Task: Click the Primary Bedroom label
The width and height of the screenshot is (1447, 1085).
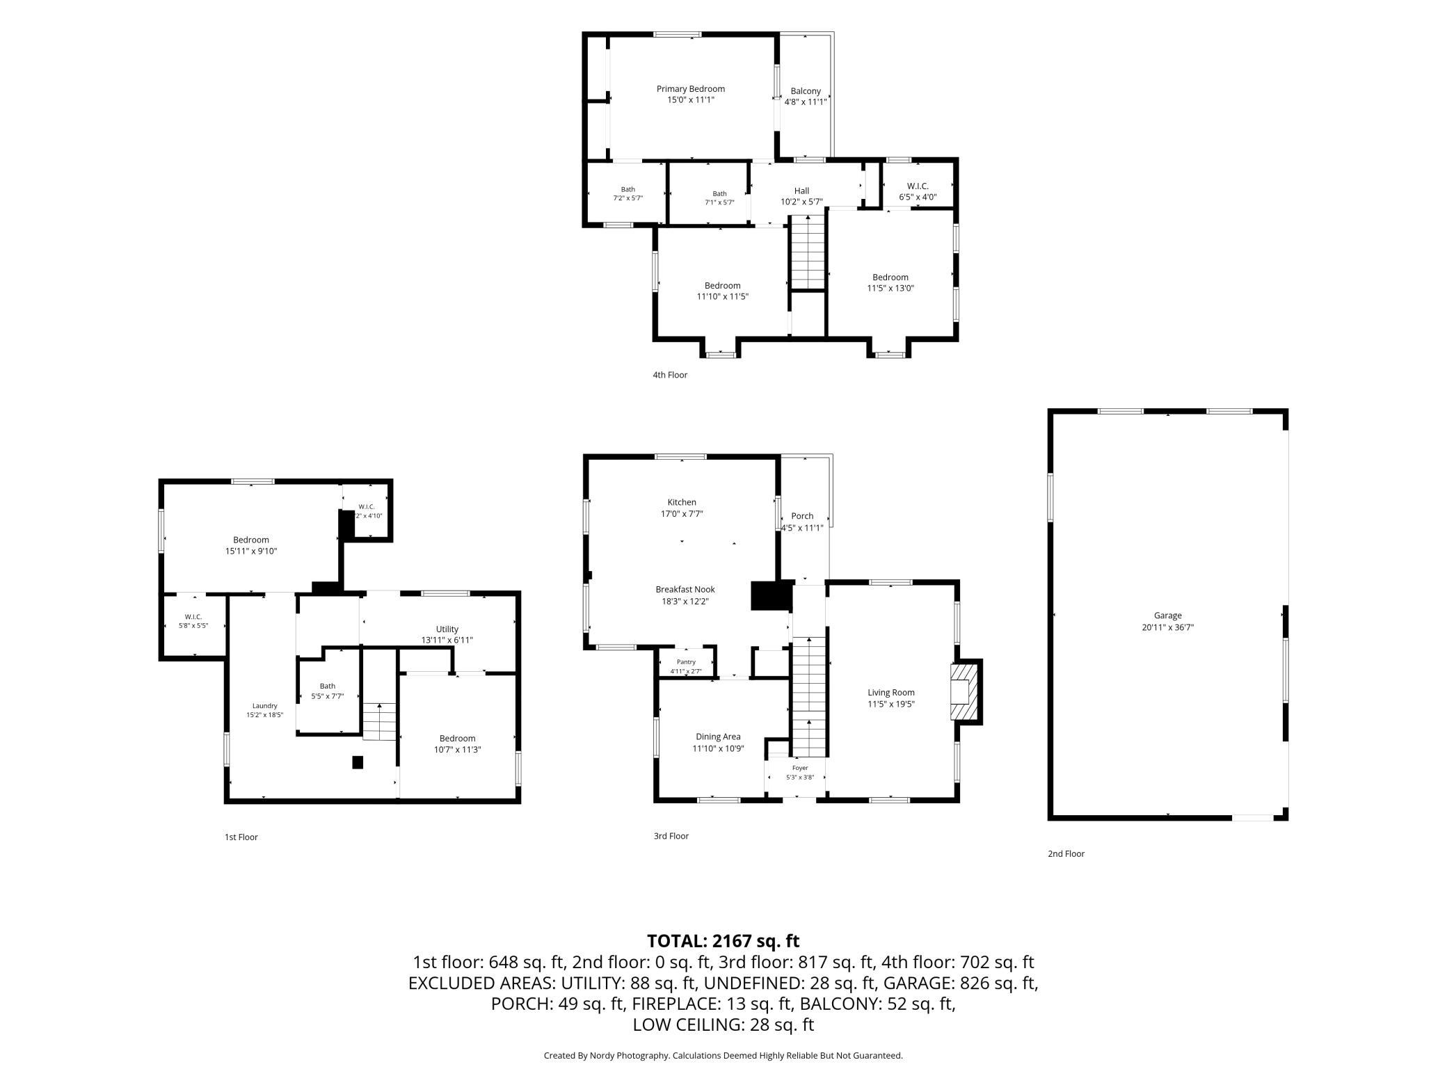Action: pyautogui.click(x=691, y=89)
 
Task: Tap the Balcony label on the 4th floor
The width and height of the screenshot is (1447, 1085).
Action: pyautogui.click(x=806, y=91)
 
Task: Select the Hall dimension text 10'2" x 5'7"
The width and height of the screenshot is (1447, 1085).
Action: pyautogui.click(x=801, y=202)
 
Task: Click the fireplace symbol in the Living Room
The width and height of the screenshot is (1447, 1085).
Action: pyautogui.click(x=965, y=692)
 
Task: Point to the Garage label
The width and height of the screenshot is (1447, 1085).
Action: pyautogui.click(x=1168, y=616)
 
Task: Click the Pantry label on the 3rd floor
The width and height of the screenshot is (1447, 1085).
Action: pyautogui.click(x=686, y=662)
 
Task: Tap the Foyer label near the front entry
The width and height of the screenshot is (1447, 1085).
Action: pyautogui.click(x=800, y=768)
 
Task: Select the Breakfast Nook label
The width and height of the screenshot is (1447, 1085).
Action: pyautogui.click(x=685, y=590)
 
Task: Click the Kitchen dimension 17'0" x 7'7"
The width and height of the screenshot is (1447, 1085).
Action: pyautogui.click(x=682, y=514)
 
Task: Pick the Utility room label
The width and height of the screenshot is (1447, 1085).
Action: pyautogui.click(x=447, y=629)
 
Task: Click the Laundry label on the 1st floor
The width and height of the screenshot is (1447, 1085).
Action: pyautogui.click(x=265, y=705)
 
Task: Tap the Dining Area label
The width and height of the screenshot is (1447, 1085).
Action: pyautogui.click(x=718, y=737)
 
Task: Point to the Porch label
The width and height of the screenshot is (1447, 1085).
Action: pyautogui.click(x=802, y=516)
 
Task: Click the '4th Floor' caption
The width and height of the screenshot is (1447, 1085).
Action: pyautogui.click(x=670, y=375)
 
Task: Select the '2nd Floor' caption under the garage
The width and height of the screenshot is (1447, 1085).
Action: pyautogui.click(x=1066, y=853)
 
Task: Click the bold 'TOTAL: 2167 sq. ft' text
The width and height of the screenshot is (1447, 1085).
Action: pyautogui.click(x=723, y=941)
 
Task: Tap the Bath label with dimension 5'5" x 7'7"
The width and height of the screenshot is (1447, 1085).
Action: pyautogui.click(x=327, y=686)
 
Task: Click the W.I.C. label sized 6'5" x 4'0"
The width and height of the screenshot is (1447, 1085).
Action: pyautogui.click(x=918, y=186)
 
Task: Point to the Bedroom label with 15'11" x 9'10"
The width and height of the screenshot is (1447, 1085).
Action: pyautogui.click(x=251, y=540)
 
